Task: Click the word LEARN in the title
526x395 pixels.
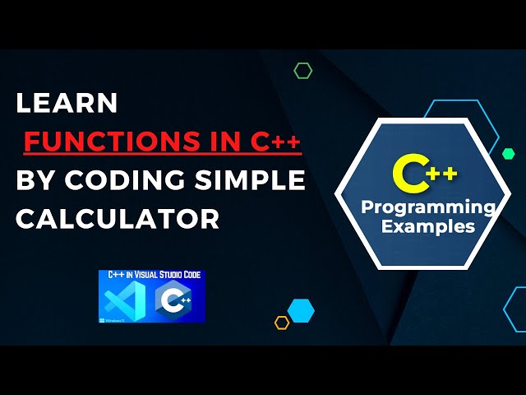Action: tap(67, 103)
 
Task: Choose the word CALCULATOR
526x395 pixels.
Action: tap(118, 218)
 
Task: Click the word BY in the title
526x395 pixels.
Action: tap(34, 179)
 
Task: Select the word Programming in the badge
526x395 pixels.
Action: tap(428, 207)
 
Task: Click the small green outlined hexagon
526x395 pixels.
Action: tap(302, 71)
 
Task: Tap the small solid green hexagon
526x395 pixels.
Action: tap(508, 153)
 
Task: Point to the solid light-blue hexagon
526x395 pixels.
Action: tap(302, 310)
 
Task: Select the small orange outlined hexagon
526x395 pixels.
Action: tap(282, 323)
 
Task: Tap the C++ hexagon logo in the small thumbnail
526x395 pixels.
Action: tap(174, 300)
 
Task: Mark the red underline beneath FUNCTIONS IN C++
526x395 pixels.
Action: tap(163, 155)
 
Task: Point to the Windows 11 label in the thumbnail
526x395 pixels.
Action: tap(108, 318)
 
